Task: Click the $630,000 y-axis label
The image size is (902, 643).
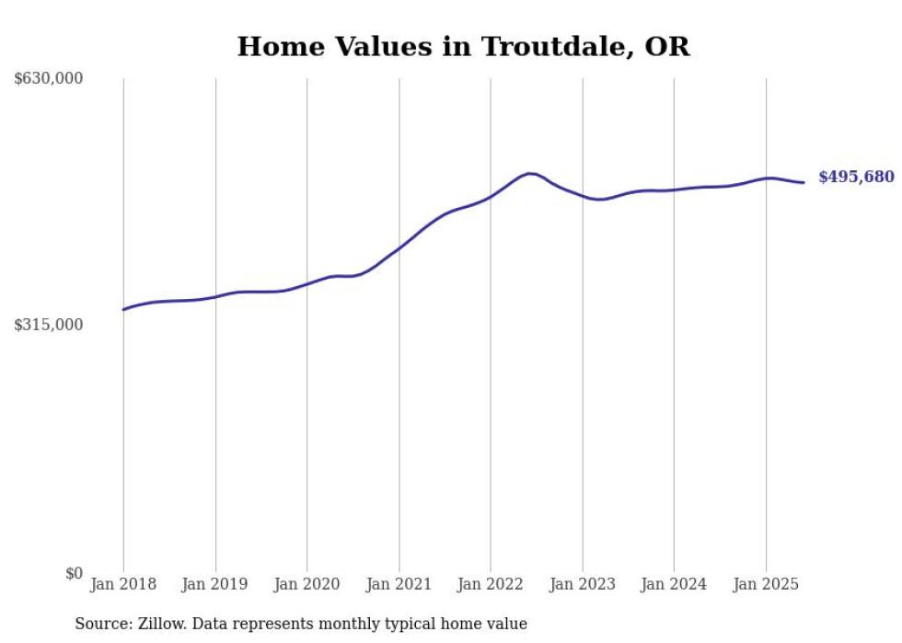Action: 49,79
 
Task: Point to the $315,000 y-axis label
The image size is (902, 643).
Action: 49,325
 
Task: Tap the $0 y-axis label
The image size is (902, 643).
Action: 74,573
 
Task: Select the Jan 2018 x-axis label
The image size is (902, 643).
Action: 123,584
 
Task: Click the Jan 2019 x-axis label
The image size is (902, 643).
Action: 215,584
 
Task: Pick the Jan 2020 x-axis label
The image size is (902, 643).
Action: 306,584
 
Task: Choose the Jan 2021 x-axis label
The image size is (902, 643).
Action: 399,584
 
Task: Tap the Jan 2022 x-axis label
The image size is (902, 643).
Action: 491,584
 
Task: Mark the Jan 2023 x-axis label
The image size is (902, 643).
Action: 582,584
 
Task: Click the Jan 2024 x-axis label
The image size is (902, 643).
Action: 674,584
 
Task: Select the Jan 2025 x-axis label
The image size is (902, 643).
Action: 766,584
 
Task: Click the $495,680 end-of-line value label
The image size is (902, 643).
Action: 856,177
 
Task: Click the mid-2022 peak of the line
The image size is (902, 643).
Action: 530,173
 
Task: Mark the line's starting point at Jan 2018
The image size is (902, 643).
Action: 123,309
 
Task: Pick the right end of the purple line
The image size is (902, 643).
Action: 804,182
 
